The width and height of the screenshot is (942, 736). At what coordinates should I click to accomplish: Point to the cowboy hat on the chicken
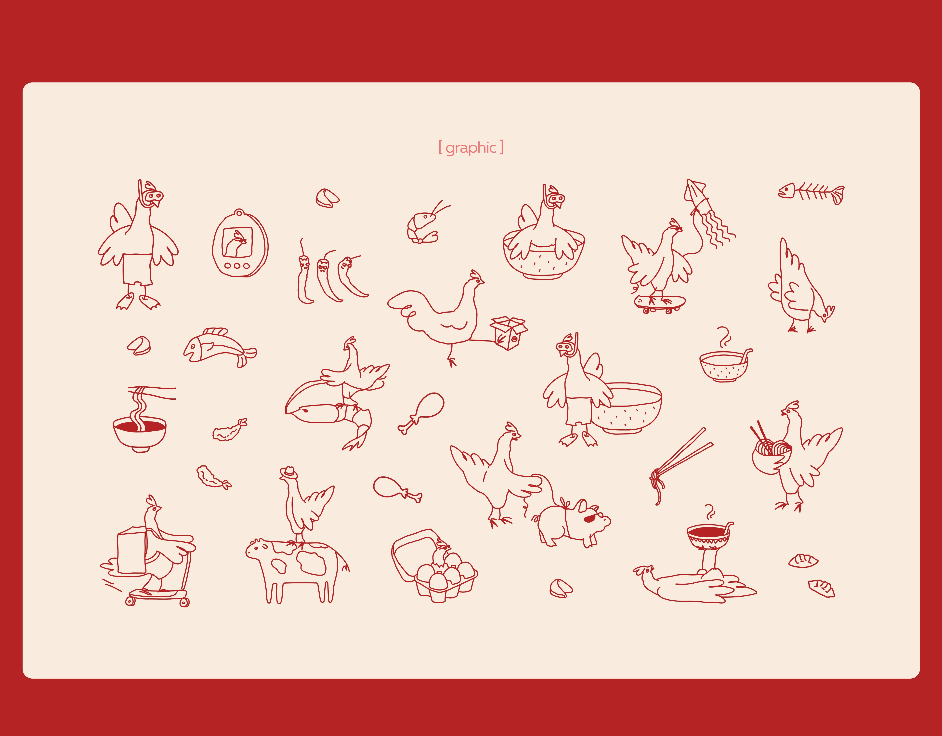click(x=288, y=472)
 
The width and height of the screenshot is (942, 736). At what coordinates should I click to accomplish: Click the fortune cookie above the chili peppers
click(x=327, y=198)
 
